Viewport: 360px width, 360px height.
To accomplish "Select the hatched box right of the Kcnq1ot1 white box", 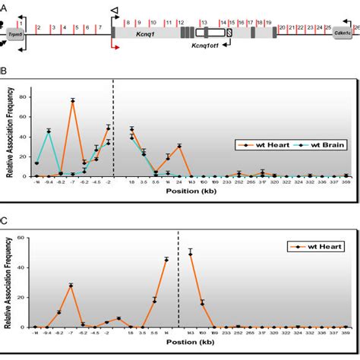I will tap(229, 33).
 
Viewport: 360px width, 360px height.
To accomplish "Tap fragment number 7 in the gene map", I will tap(99, 28).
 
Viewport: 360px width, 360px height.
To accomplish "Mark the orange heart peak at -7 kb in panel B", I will tap(73, 100).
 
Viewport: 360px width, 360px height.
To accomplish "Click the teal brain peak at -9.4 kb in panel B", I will tap(49, 131).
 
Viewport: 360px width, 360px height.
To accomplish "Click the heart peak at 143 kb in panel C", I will tap(190, 253).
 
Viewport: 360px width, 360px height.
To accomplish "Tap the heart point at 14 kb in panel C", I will tap(166, 260).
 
